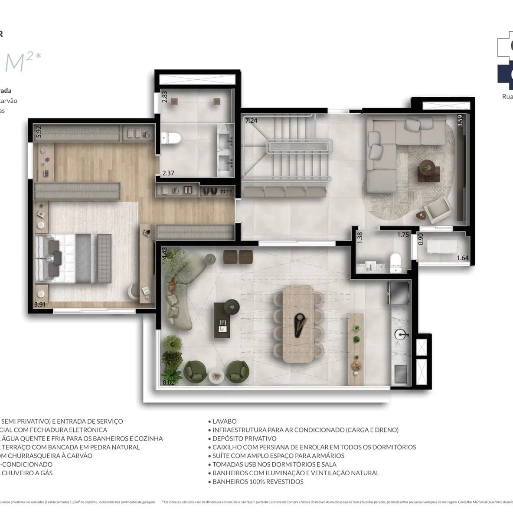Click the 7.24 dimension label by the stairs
tap(252, 120)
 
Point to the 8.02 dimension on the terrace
tap(168, 382)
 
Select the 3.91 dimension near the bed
tap(40, 304)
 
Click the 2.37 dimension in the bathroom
tap(168, 173)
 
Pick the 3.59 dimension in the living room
tap(460, 120)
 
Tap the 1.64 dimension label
tap(463, 258)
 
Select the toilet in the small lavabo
tap(395, 263)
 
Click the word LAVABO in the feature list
tap(225, 421)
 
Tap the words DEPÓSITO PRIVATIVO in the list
tap(244, 438)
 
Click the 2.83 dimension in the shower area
tap(165, 96)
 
